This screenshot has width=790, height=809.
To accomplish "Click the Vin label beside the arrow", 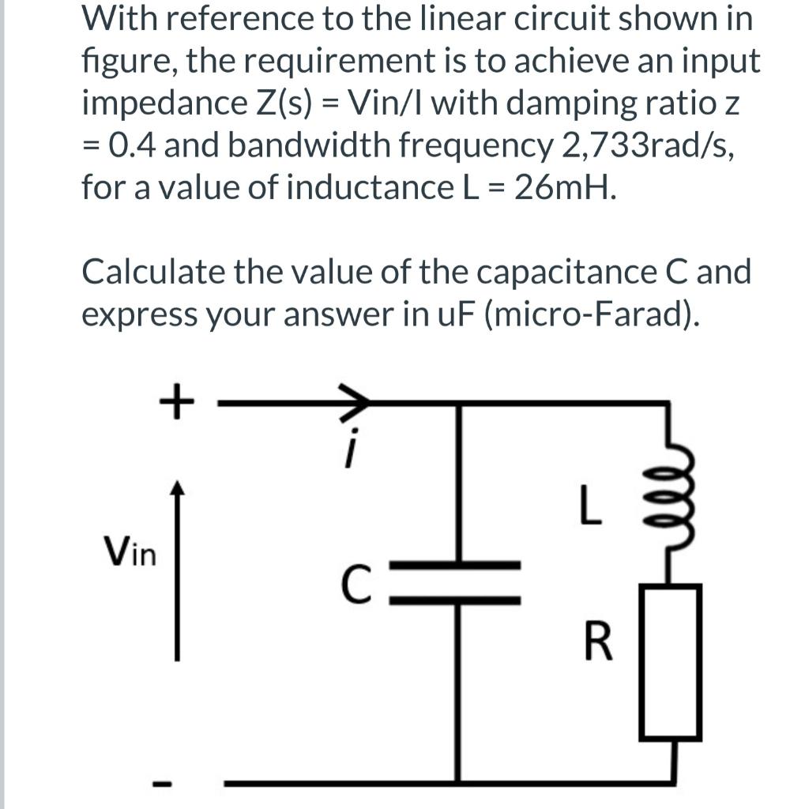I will pyautogui.click(x=130, y=550).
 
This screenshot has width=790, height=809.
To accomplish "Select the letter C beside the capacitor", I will pyautogui.click(x=355, y=585).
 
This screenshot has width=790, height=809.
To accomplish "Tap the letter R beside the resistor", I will pyautogui.click(x=599, y=642).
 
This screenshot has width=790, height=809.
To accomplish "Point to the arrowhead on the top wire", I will pyautogui.click(x=355, y=402).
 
